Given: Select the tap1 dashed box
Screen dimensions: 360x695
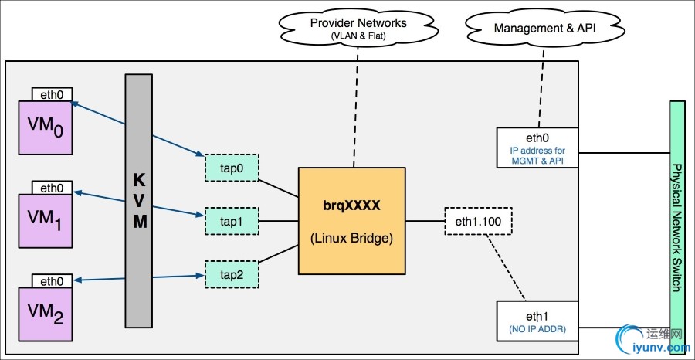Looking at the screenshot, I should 232,220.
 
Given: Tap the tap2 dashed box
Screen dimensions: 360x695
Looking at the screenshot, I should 232,273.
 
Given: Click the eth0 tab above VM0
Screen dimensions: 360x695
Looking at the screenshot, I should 52,94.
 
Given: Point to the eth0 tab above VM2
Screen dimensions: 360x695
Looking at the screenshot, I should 52,281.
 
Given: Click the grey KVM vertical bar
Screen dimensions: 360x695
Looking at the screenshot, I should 140,200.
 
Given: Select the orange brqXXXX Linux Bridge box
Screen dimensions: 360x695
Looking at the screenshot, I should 352,220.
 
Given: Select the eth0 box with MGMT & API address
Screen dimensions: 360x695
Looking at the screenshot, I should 537,148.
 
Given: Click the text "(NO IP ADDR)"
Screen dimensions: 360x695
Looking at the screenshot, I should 537,329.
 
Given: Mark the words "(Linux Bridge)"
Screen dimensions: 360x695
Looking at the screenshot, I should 352,238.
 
